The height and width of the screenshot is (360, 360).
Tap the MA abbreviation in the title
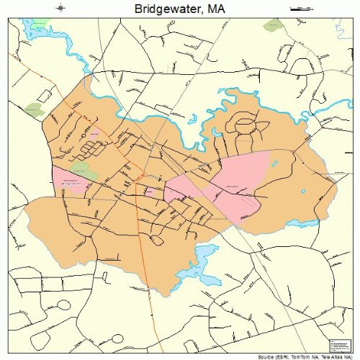[x=214, y=9]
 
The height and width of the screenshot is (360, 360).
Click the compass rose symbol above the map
[x=60, y=9]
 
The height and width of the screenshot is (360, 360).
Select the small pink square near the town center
[x=148, y=191]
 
